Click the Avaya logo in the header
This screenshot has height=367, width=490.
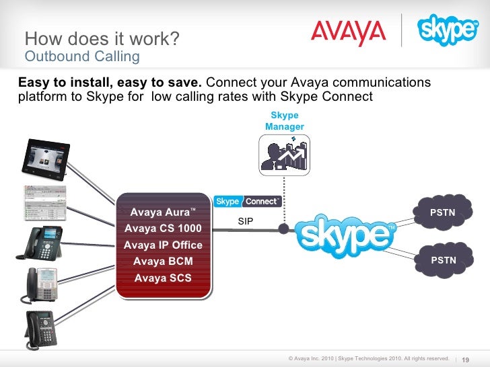pos(348,32)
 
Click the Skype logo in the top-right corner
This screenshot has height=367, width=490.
pos(447,30)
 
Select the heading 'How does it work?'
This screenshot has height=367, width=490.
pos(101,39)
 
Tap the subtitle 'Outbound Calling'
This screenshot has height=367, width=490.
pos(81,56)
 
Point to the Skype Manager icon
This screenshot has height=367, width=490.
pos(284,153)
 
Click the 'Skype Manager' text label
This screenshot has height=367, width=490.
pos(285,121)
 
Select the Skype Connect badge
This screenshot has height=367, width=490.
pos(248,201)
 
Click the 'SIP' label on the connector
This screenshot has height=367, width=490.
pos(246,220)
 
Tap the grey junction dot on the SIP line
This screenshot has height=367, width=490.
pos(283,229)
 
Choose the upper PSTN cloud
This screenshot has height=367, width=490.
pos(443,213)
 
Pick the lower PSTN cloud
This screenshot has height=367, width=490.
pos(443,260)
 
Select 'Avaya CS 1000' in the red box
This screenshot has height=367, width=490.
pos(163,229)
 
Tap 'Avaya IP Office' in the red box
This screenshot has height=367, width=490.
pos(163,245)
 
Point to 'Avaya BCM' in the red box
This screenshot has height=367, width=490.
pos(163,261)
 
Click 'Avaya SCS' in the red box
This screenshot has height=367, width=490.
pos(163,278)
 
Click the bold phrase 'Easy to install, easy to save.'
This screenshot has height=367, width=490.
pos(110,83)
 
